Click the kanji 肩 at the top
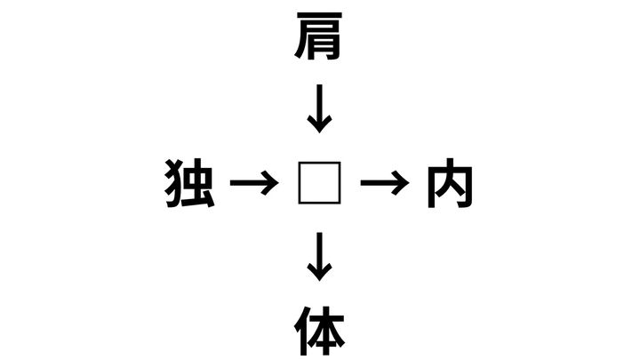tap(319, 36)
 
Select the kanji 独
tap(189, 183)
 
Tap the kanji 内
tap(450, 183)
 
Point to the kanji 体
tap(320, 331)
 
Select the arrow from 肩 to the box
tap(320, 108)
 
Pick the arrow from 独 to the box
tap(254, 182)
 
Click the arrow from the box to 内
tap(385, 182)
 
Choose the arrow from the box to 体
tap(320, 257)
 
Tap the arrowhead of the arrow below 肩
tap(320, 125)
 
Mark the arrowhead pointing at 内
tap(401, 182)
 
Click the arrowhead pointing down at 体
tap(320, 273)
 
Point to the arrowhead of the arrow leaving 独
tap(270, 182)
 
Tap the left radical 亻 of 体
tap(302, 331)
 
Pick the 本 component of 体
tap(328, 331)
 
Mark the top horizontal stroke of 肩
tap(319, 15)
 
